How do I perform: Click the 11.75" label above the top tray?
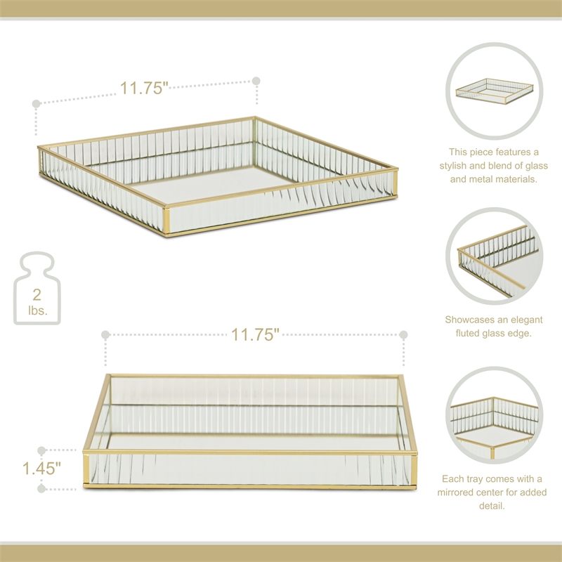pyautogui.click(x=144, y=89)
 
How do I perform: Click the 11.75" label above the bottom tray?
pyautogui.click(x=256, y=335)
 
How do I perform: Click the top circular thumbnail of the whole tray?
pyautogui.click(x=494, y=91)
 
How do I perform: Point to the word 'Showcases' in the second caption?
pyautogui.click(x=471, y=319)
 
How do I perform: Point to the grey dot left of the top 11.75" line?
pyautogui.click(x=36, y=104)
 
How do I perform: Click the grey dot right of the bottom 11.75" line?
pyautogui.click(x=404, y=335)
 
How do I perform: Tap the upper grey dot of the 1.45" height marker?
pyautogui.click(x=41, y=450)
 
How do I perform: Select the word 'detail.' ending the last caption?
pyautogui.click(x=494, y=506)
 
